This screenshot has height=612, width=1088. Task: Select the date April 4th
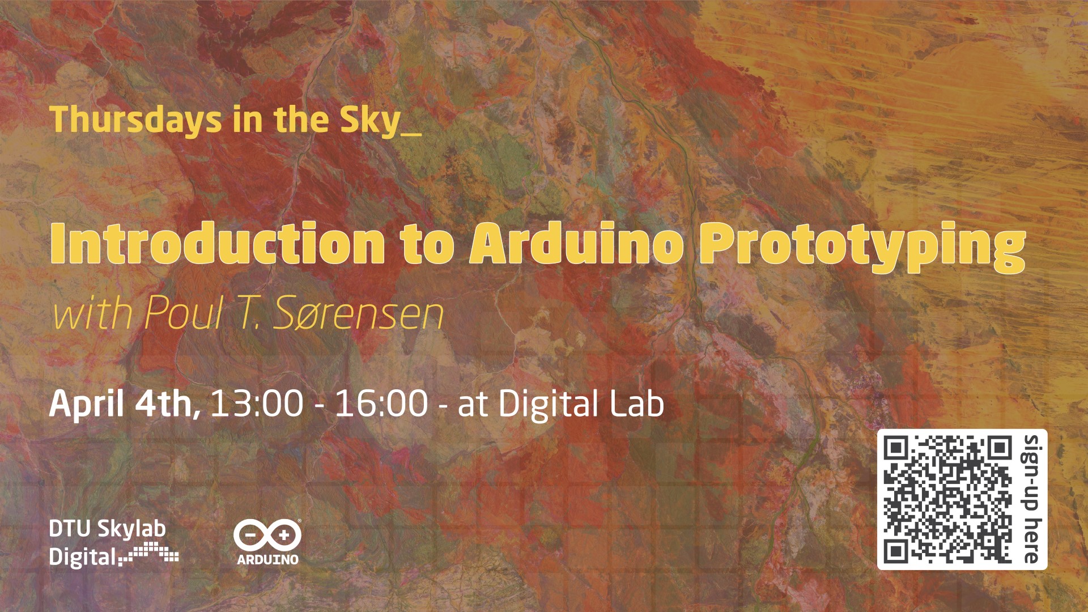click(125, 405)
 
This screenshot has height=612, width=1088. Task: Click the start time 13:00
click(257, 403)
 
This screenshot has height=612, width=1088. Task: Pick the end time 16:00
click(382, 403)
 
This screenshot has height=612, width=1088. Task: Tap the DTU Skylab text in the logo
click(107, 529)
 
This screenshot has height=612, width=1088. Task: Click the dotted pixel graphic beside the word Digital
click(150, 552)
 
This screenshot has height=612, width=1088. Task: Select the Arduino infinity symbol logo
click(267, 534)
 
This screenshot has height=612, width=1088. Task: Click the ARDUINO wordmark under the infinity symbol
click(267, 559)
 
